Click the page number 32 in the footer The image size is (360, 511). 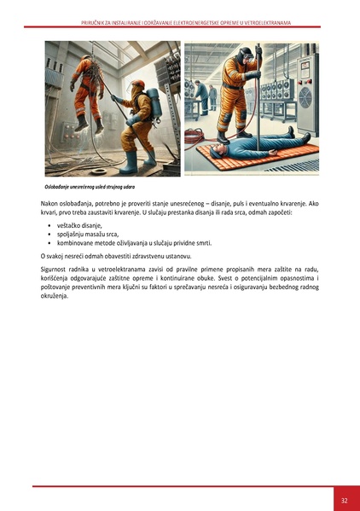[x=344, y=500]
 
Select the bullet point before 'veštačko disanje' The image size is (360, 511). [x=49, y=224]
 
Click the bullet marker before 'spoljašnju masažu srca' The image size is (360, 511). [x=49, y=234]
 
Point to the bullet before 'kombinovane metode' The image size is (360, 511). [x=49, y=243]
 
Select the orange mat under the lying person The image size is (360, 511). [x=256, y=158]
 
